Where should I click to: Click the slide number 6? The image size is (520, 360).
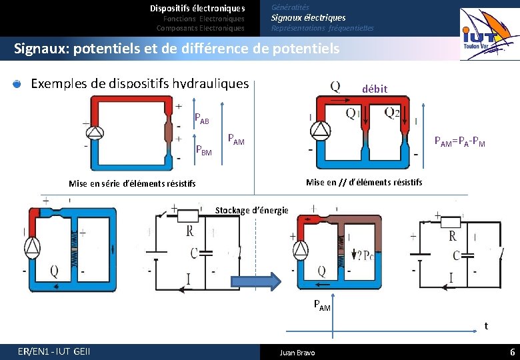[x=512, y=352]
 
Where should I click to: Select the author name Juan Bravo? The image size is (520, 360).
[x=297, y=353]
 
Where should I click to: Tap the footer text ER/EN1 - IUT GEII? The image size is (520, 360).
[x=55, y=352]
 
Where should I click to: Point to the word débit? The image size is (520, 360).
[x=375, y=89]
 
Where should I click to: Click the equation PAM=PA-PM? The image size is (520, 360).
[x=459, y=141]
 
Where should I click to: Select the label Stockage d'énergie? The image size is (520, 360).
[x=251, y=211]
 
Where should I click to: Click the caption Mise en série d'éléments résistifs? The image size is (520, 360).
[x=132, y=183]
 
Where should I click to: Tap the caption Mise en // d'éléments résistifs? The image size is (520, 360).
[x=363, y=182]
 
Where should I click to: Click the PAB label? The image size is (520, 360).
[x=201, y=119]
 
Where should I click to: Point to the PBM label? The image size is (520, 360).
[x=203, y=151]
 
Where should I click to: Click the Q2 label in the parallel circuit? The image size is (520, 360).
[x=393, y=113]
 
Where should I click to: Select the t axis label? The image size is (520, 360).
[x=486, y=326]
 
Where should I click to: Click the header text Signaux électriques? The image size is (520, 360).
[x=308, y=18]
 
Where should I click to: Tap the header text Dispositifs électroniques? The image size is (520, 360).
[x=197, y=9]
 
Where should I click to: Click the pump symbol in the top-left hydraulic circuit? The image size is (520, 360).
[x=96, y=132]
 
